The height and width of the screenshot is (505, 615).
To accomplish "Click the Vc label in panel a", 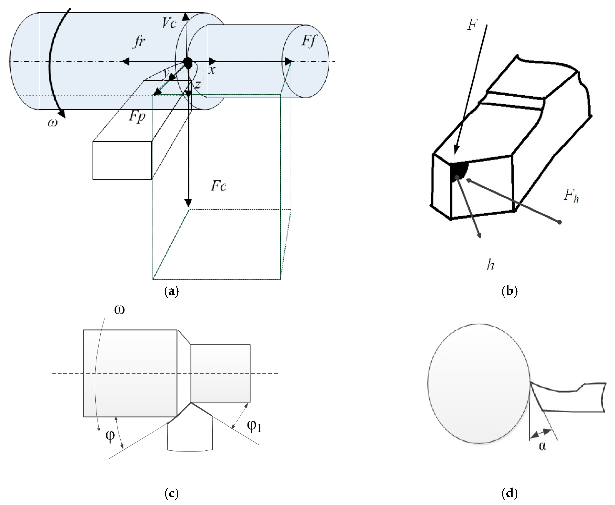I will point(169,23).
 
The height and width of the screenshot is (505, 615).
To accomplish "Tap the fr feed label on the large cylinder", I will point(139,42).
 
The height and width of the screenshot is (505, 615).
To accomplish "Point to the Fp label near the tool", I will point(137,116).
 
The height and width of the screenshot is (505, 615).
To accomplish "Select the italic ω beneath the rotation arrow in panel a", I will point(53,123).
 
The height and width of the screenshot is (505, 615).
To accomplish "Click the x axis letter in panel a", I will point(212,70).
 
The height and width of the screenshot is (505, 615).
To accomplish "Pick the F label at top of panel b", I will point(472,25).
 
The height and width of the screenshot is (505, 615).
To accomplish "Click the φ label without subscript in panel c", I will point(110,435).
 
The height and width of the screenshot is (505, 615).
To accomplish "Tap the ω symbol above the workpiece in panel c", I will point(119,310).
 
